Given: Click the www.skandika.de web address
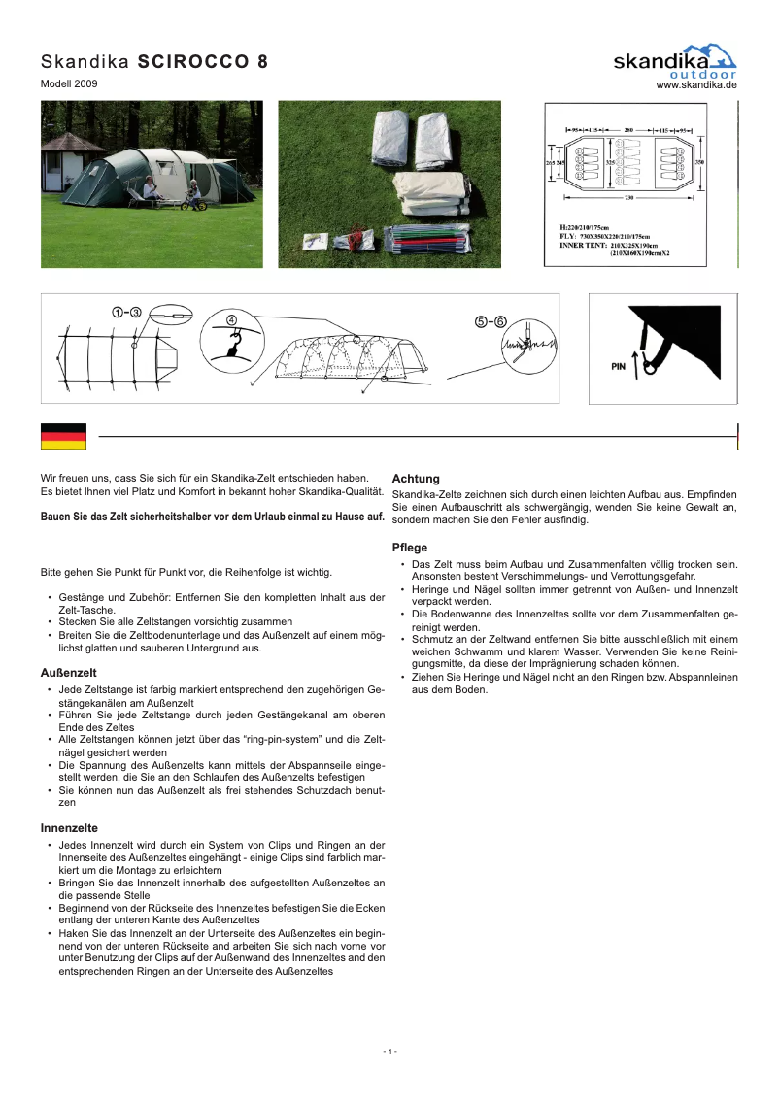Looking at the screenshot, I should point(696,85).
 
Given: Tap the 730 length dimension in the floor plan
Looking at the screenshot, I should point(629,198).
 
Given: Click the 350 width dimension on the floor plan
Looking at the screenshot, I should point(699,162).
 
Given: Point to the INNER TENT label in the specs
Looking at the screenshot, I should point(571,246).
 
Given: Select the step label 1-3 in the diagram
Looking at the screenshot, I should point(126,312).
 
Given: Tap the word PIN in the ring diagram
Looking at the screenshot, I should point(618,367).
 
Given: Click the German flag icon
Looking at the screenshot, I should point(63,437).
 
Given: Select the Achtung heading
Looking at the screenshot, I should point(416,479).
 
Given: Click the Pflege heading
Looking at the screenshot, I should point(409,548).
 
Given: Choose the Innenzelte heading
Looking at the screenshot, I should point(69,828).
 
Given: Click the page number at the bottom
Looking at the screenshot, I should point(389,1052).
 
